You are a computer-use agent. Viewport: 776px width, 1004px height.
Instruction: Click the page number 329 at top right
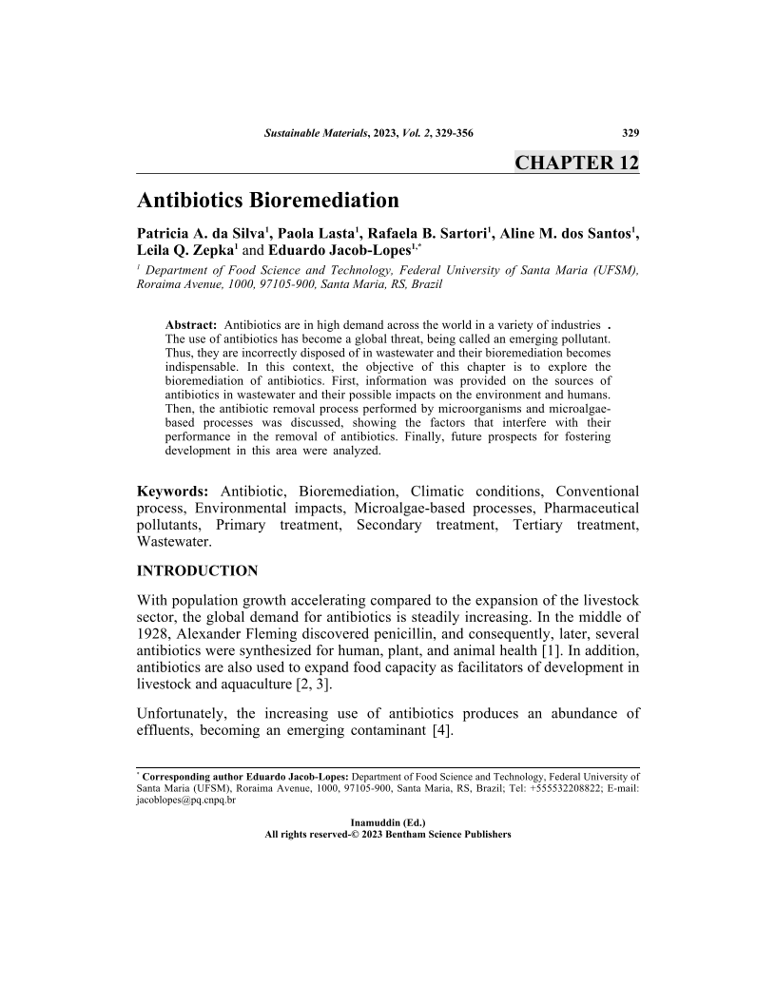pyautogui.click(x=629, y=132)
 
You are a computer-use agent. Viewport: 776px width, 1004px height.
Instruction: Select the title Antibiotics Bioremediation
pyautogui.click(x=267, y=201)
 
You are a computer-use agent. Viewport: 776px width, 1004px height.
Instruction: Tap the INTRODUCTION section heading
pyautogui.click(x=198, y=570)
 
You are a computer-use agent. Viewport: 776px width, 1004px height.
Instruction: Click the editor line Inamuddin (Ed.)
pyautogui.click(x=388, y=821)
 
